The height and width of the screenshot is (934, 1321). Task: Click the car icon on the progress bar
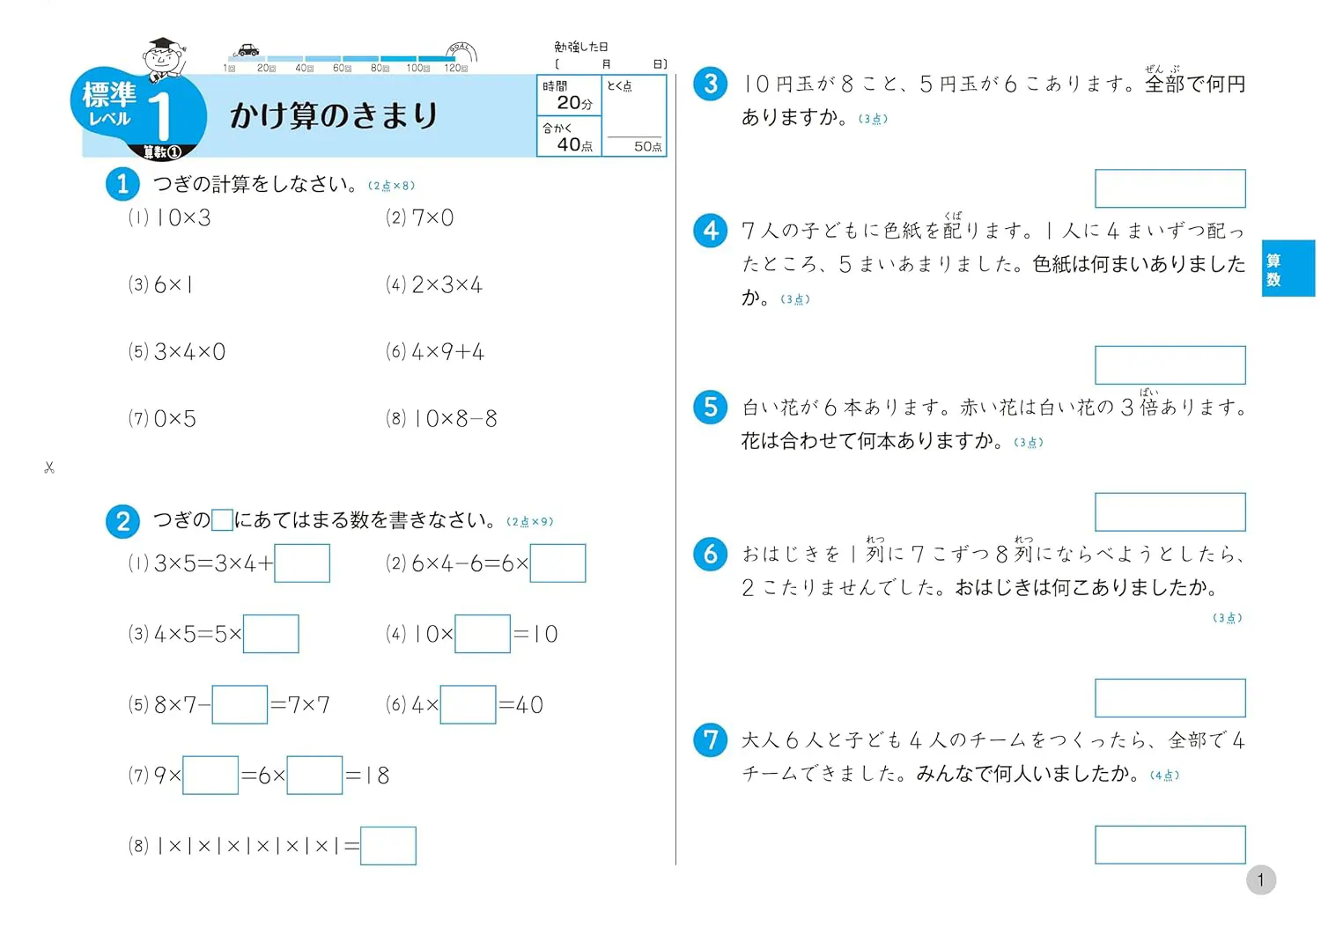pyautogui.click(x=247, y=49)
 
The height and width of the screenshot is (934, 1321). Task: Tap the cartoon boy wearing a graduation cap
pyautogui.click(x=163, y=60)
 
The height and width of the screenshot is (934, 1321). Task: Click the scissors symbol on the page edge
pyautogui.click(x=49, y=467)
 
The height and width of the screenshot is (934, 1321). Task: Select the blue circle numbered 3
pyautogui.click(x=710, y=84)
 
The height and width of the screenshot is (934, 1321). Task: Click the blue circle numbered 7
pyautogui.click(x=710, y=740)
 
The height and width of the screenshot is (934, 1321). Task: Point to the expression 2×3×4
pyautogui.click(x=447, y=285)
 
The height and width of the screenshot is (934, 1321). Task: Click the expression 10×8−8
pyautogui.click(x=455, y=419)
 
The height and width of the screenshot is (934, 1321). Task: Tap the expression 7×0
pyautogui.click(x=433, y=218)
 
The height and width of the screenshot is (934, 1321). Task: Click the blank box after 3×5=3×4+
pyautogui.click(x=302, y=563)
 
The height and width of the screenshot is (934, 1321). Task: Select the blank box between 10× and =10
pyautogui.click(x=483, y=634)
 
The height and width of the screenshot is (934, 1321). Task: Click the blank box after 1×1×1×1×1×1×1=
pyautogui.click(x=388, y=846)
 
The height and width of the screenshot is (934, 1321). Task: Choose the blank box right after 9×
pyautogui.click(x=210, y=776)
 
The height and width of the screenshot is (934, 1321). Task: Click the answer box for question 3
pyautogui.click(x=1170, y=188)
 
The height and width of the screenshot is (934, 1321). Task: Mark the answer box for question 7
pyautogui.click(x=1170, y=845)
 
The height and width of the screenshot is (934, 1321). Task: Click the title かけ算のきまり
pyautogui.click(x=334, y=115)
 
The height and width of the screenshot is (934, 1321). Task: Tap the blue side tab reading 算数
pyautogui.click(x=1288, y=268)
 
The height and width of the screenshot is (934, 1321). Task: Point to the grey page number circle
pyautogui.click(x=1261, y=880)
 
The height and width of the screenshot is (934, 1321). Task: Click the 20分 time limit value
pyautogui.click(x=574, y=103)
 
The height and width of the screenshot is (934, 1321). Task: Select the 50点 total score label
pyautogui.click(x=647, y=146)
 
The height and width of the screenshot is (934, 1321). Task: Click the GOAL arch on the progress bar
pyautogui.click(x=461, y=51)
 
